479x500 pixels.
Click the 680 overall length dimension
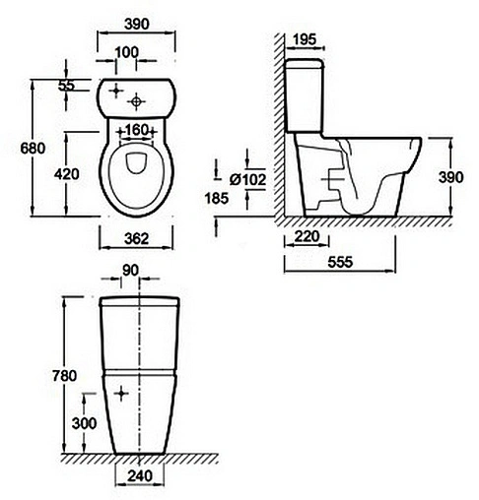click(33, 149)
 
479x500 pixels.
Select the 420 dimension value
click(67, 174)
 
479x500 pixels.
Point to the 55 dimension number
click(66, 86)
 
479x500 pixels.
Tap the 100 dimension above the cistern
click(127, 52)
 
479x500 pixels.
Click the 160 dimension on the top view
click(136, 130)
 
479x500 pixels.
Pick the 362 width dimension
click(136, 238)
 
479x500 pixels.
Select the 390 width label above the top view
click(137, 24)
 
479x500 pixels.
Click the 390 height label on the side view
click(450, 177)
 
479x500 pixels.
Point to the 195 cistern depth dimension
click(305, 39)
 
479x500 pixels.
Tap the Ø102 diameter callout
click(247, 179)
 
